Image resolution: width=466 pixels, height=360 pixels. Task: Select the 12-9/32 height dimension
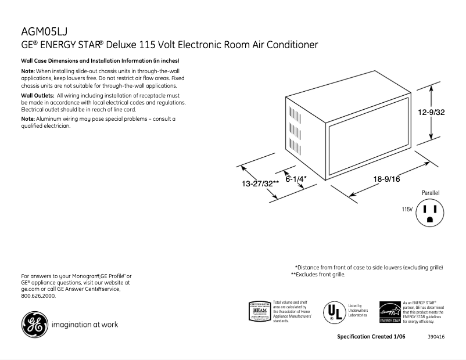click(431, 113)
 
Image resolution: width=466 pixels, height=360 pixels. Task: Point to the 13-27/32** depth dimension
click(260, 183)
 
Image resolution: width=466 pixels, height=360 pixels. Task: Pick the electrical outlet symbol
click(431, 213)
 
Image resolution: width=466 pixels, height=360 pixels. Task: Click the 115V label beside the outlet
click(406, 209)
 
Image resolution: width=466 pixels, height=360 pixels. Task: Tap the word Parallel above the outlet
click(431, 192)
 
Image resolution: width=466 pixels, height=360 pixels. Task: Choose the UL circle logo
click(333, 312)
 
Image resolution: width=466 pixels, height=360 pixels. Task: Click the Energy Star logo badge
click(390, 312)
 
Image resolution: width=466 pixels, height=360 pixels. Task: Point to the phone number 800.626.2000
click(38, 296)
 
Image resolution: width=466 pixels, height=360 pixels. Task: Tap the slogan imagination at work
click(85, 325)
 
